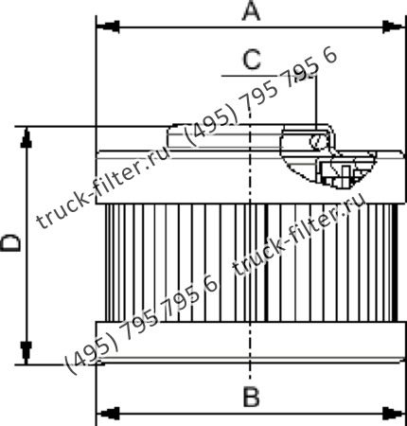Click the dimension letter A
[x=251, y=12]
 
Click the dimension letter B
[x=252, y=397]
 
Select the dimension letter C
[x=252, y=60]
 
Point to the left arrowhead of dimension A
[x=107, y=27]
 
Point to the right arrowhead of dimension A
[x=394, y=27]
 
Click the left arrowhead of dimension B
[x=107, y=413]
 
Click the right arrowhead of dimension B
[x=394, y=413]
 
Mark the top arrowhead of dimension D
[x=27, y=137]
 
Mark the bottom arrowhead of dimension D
[x=27, y=353]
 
